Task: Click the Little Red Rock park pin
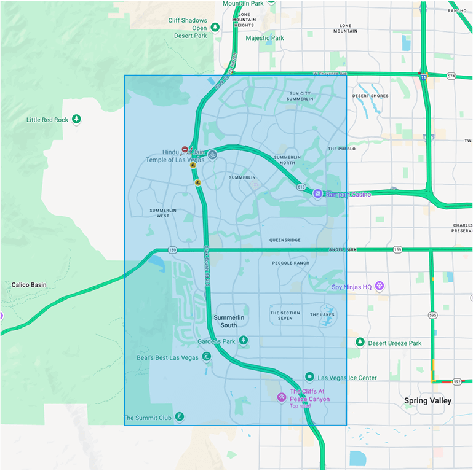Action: [x=76, y=119]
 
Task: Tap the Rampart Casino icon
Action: [x=317, y=194]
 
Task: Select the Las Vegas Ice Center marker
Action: [x=309, y=376]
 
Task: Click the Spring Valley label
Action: [x=427, y=401]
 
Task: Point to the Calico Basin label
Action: [x=29, y=285]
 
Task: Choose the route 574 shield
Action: [x=451, y=76]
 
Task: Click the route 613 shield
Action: [x=301, y=187]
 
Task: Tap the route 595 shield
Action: [x=433, y=316]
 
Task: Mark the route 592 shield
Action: [x=457, y=381]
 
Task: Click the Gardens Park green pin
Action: [x=244, y=340]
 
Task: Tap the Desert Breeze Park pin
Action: [x=360, y=342]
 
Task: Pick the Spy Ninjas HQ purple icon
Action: [x=380, y=286]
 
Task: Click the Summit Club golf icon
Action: [x=178, y=417]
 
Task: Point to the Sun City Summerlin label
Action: [x=301, y=96]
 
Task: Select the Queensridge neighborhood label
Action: [x=285, y=240]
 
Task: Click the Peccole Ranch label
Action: [x=290, y=263]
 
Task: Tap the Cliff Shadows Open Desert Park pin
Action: [x=215, y=27]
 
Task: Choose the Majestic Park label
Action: [x=264, y=38]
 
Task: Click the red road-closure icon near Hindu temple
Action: [x=185, y=149]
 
